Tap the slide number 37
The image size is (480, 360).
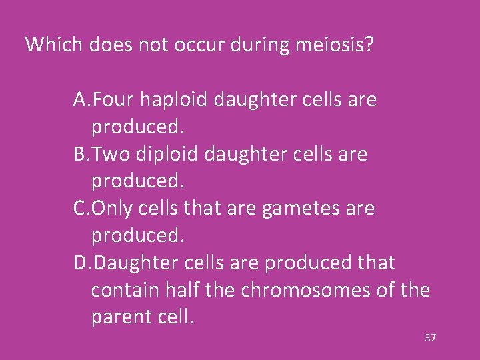pyautogui.click(x=430, y=338)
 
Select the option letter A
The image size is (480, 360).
pyautogui.click(x=80, y=100)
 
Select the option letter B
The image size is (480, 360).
pyautogui.click(x=80, y=154)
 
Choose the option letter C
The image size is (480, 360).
pyautogui.click(x=80, y=209)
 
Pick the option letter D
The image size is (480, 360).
pyautogui.click(x=81, y=263)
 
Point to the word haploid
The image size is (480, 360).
pyautogui.click(x=175, y=100)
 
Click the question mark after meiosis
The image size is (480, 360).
pyautogui.click(x=369, y=45)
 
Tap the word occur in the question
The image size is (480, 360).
pyautogui.click(x=205, y=45)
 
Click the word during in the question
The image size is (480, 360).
pyautogui.click(x=261, y=45)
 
